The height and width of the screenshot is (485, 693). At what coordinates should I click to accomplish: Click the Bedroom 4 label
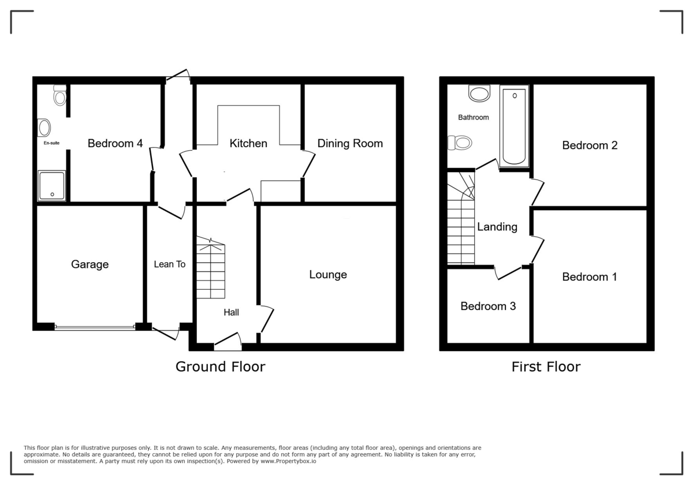[x=115, y=144]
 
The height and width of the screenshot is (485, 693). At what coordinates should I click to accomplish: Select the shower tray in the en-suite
[x=52, y=185]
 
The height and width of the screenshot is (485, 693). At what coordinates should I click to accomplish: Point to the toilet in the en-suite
[x=59, y=95]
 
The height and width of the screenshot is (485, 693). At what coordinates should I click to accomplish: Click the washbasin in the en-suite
[x=44, y=127]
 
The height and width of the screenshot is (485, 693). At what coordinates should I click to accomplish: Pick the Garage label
[x=90, y=264]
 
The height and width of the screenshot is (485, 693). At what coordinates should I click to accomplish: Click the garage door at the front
[x=95, y=327]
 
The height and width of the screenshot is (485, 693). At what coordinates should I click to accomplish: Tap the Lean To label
[x=169, y=264]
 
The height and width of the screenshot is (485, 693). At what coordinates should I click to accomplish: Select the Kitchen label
[x=248, y=143]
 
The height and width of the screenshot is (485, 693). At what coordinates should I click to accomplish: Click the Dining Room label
[x=350, y=143]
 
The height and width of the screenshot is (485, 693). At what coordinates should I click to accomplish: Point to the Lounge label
[x=328, y=275]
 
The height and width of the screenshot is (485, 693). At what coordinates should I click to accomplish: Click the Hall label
[x=232, y=312]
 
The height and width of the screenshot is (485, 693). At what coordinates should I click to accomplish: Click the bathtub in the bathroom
[x=514, y=126]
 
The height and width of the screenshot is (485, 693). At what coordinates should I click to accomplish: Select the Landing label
[x=497, y=227]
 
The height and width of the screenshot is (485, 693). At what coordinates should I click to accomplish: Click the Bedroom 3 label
[x=488, y=306]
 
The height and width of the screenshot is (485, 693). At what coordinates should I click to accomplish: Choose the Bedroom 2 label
[x=590, y=145]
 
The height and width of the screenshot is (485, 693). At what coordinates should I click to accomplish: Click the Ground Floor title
[x=220, y=367]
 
